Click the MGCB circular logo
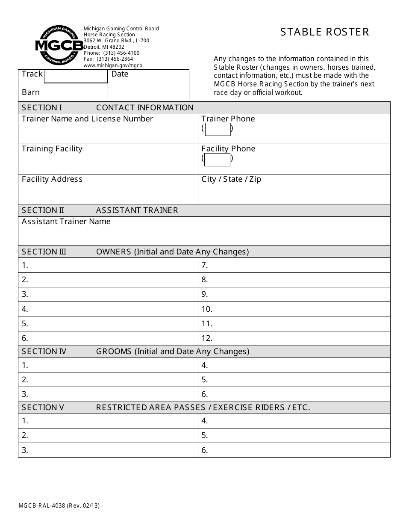[59, 45]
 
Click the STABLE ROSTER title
[325, 32]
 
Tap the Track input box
[76, 77]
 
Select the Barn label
[31, 92]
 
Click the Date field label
[120, 74]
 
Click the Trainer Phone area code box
[218, 129]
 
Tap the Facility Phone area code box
[218, 160]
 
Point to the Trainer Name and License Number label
[87, 119]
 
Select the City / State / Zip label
[231, 179]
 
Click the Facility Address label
[52, 179]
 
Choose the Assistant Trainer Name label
[66, 222]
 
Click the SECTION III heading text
[44, 252]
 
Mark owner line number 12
[207, 338]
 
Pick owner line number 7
[205, 265]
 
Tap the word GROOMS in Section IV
[114, 352]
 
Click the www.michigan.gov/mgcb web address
[113, 65]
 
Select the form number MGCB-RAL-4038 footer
[42, 505]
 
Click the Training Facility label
[52, 149]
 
